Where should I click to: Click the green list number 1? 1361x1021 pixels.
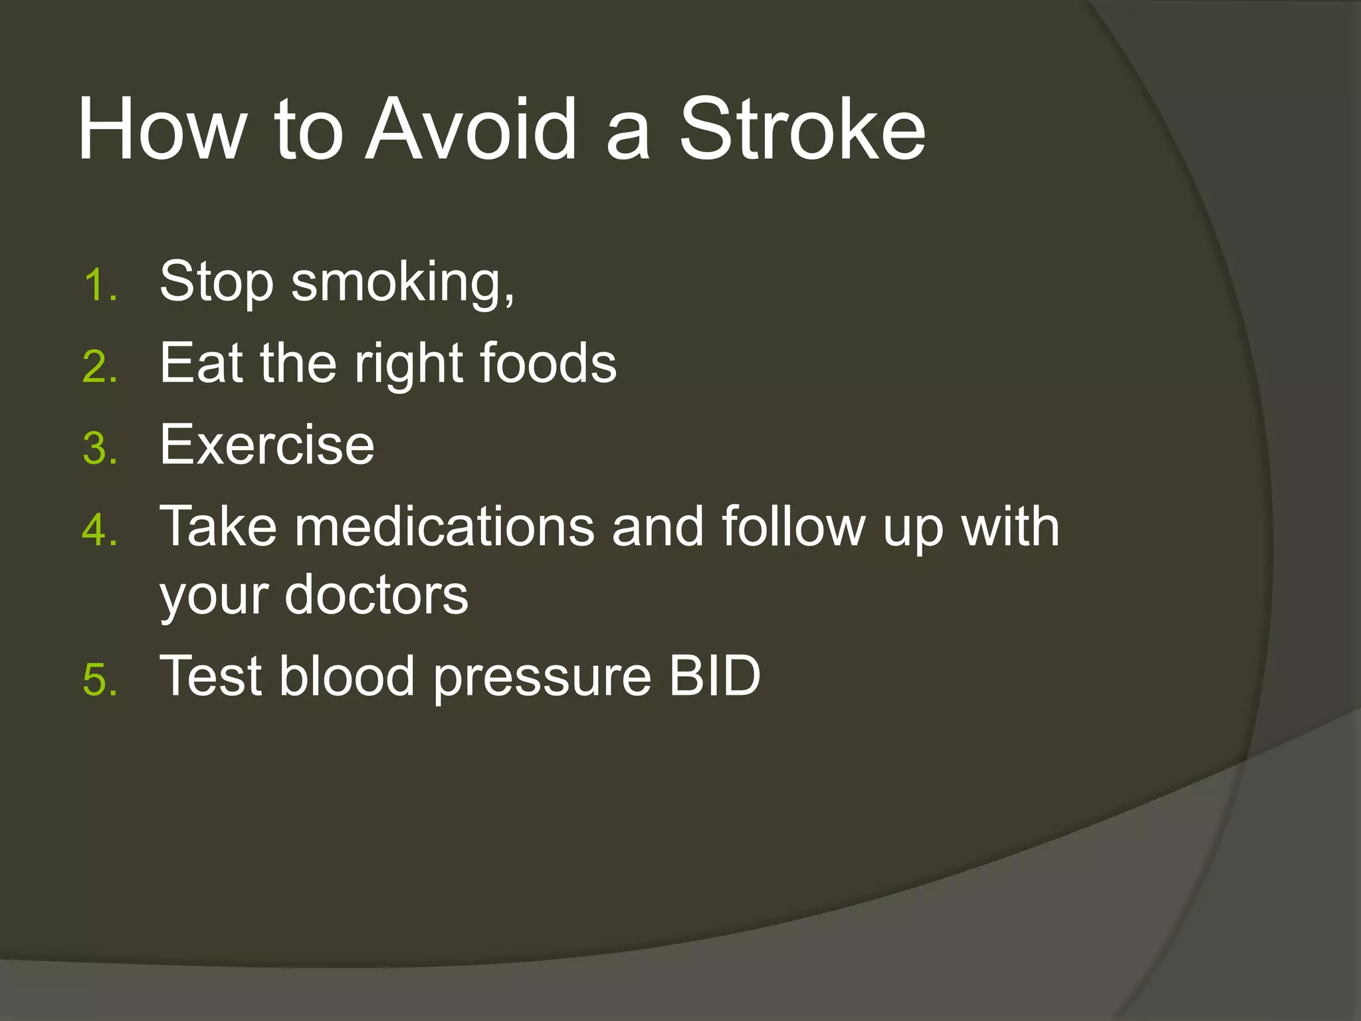point(100,286)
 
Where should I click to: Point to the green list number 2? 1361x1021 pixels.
point(100,367)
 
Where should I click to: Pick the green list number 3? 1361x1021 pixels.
point(100,449)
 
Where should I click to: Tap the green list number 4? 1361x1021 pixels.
point(100,530)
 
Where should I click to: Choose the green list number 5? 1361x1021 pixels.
point(100,679)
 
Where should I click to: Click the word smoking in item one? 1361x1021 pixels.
point(402,283)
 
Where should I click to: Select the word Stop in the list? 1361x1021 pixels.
point(217,283)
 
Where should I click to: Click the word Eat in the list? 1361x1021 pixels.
point(201,364)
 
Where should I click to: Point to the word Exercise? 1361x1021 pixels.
point(267,445)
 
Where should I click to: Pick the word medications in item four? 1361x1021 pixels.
point(445,527)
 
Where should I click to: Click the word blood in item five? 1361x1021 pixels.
point(347,676)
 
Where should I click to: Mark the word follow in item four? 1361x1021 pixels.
point(794,527)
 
